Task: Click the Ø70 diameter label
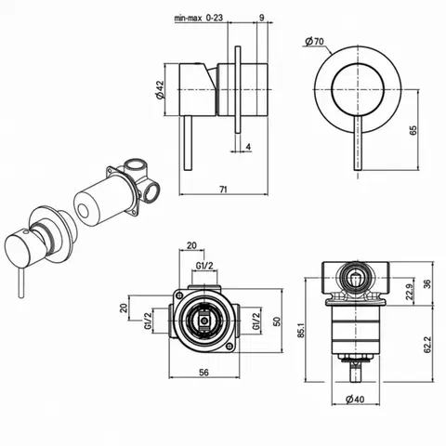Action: point(314,41)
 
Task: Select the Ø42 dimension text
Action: point(160,90)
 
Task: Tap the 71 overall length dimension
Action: point(223,190)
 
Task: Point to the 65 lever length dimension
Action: point(413,130)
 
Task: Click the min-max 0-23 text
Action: point(199,18)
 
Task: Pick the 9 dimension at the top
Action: point(262,18)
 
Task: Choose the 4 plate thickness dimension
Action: point(248,147)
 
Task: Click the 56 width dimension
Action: point(203,373)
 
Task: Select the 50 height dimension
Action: point(277,321)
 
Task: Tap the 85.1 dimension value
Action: point(301,330)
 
